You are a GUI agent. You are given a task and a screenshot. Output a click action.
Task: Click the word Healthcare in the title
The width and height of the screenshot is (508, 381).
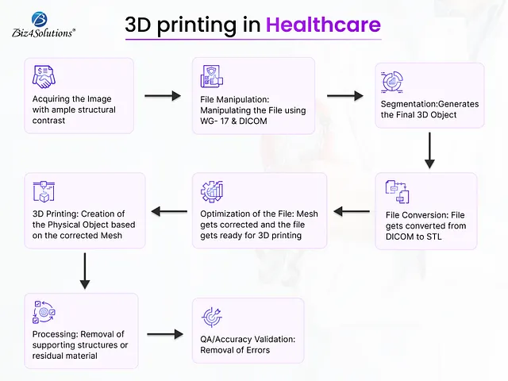click(323, 25)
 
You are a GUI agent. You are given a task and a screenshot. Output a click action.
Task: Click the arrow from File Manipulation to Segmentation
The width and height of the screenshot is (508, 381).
click(344, 95)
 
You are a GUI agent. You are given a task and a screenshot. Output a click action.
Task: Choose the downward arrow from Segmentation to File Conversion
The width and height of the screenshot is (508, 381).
click(429, 151)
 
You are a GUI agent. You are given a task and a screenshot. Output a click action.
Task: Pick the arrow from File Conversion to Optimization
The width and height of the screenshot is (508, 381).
click(351, 211)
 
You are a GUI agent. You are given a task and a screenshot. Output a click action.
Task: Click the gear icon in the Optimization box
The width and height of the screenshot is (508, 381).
click(213, 191)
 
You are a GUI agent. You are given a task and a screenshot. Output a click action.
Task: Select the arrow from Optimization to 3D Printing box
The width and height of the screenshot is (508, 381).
click(168, 211)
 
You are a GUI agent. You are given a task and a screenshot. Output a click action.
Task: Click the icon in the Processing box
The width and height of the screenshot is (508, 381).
click(43, 312)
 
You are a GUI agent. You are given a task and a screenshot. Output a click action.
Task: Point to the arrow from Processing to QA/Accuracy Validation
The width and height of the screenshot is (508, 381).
click(164, 335)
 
